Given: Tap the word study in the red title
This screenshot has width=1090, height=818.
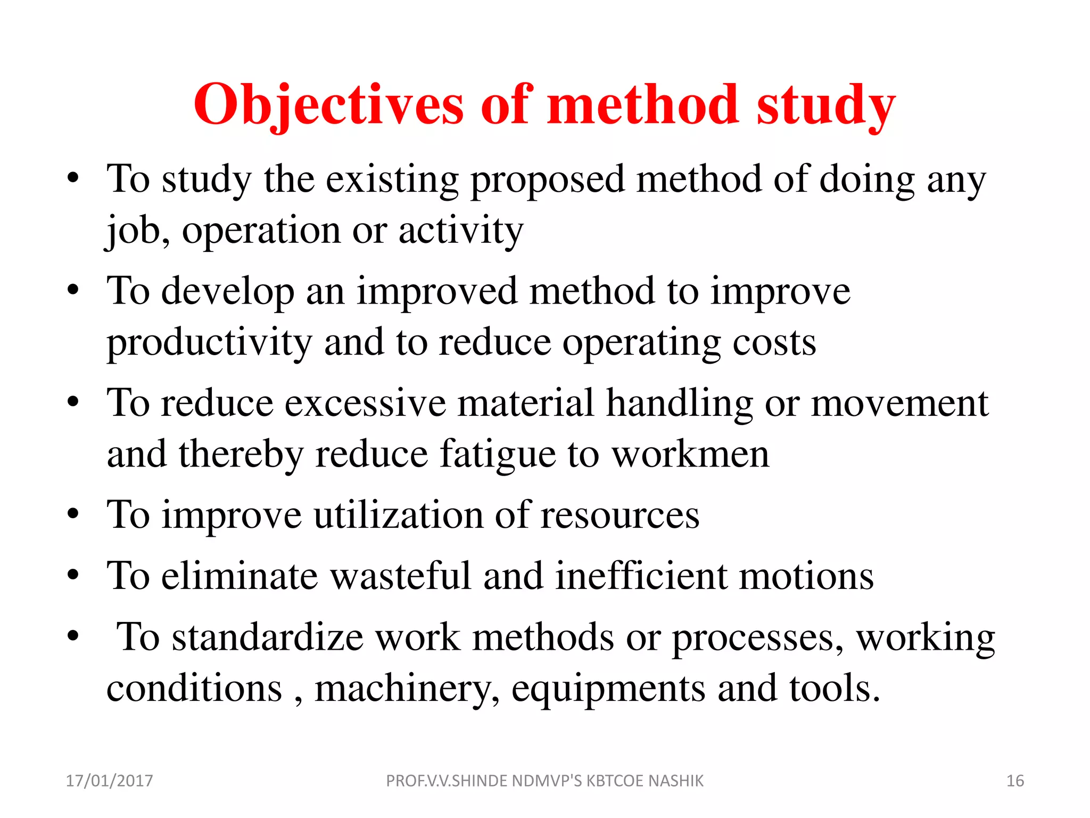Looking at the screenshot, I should pyautogui.click(x=826, y=105).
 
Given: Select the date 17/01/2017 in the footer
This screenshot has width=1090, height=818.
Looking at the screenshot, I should pyautogui.click(x=109, y=781).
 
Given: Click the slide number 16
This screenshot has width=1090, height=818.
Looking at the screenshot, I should pyautogui.click(x=1015, y=781).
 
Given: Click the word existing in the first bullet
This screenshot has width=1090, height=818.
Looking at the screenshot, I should pyautogui.click(x=392, y=180).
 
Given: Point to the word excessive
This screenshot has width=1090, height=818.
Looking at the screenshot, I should pyautogui.click(x=365, y=403).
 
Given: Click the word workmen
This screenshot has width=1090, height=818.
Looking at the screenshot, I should pyautogui.click(x=690, y=455).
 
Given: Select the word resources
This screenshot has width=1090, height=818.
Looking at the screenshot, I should pyautogui.click(x=620, y=516).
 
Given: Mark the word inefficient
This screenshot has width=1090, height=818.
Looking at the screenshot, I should pyautogui.click(x=641, y=576).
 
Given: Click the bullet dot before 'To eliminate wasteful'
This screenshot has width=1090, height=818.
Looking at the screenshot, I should pyautogui.click(x=73, y=575).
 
